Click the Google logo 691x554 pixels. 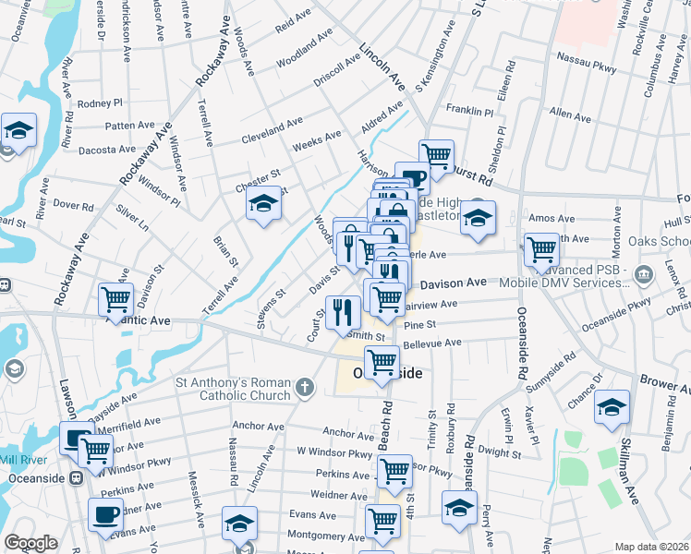click(x=30, y=543)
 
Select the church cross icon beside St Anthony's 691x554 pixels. click(x=307, y=389)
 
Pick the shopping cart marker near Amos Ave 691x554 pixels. click(x=541, y=247)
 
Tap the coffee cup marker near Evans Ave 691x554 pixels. click(x=105, y=514)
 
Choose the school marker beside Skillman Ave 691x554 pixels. click(x=612, y=409)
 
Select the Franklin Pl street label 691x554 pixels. click(x=470, y=110)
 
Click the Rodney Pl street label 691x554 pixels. click(x=101, y=103)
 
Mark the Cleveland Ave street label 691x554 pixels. click(x=272, y=128)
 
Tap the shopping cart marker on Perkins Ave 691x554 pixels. click(x=395, y=470)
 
